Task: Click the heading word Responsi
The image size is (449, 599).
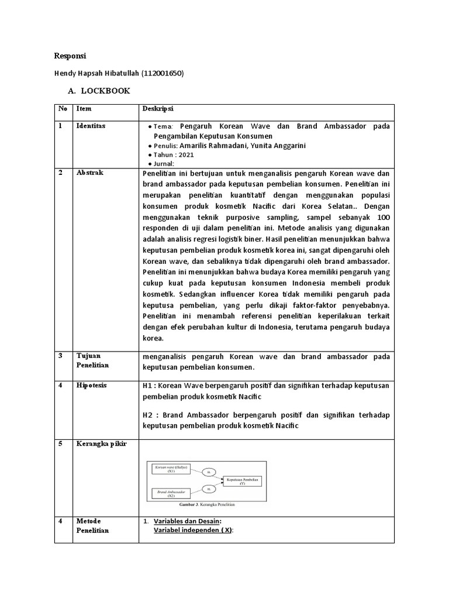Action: click(x=70, y=56)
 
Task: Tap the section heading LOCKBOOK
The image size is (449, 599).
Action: click(x=105, y=91)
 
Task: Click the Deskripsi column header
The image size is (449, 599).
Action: click(x=158, y=109)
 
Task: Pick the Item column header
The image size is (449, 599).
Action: click(x=84, y=109)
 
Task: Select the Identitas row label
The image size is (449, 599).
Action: click(x=91, y=126)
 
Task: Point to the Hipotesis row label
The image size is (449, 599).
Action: click(x=91, y=385)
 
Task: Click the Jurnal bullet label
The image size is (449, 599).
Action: click(x=164, y=164)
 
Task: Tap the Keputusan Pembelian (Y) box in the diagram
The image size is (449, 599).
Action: click(x=241, y=481)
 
